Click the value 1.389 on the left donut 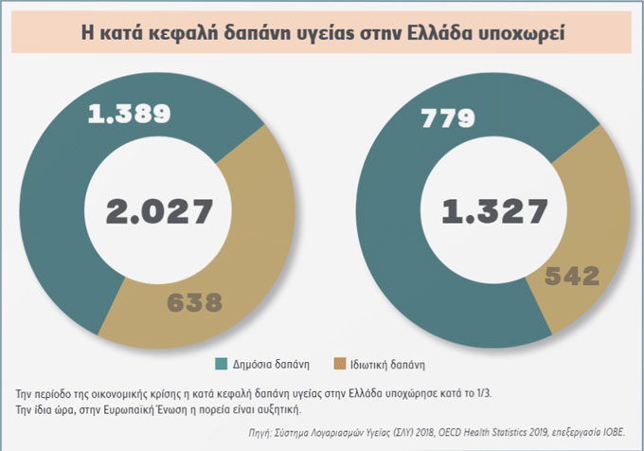(129, 116)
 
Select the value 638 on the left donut (193, 303)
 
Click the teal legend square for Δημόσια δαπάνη (221, 364)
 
